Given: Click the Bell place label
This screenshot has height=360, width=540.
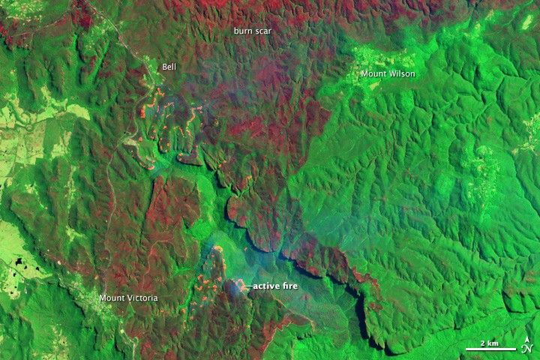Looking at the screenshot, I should point(169,67).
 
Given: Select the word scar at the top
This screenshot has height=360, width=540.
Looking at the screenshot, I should point(263,31).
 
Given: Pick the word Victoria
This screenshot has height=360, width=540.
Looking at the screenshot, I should point(141,298).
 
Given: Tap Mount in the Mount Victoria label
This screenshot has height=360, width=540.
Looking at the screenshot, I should point(112,298).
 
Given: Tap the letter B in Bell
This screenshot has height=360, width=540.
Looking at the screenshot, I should point(164,67).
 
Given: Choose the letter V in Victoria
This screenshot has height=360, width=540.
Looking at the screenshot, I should point(128,298).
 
